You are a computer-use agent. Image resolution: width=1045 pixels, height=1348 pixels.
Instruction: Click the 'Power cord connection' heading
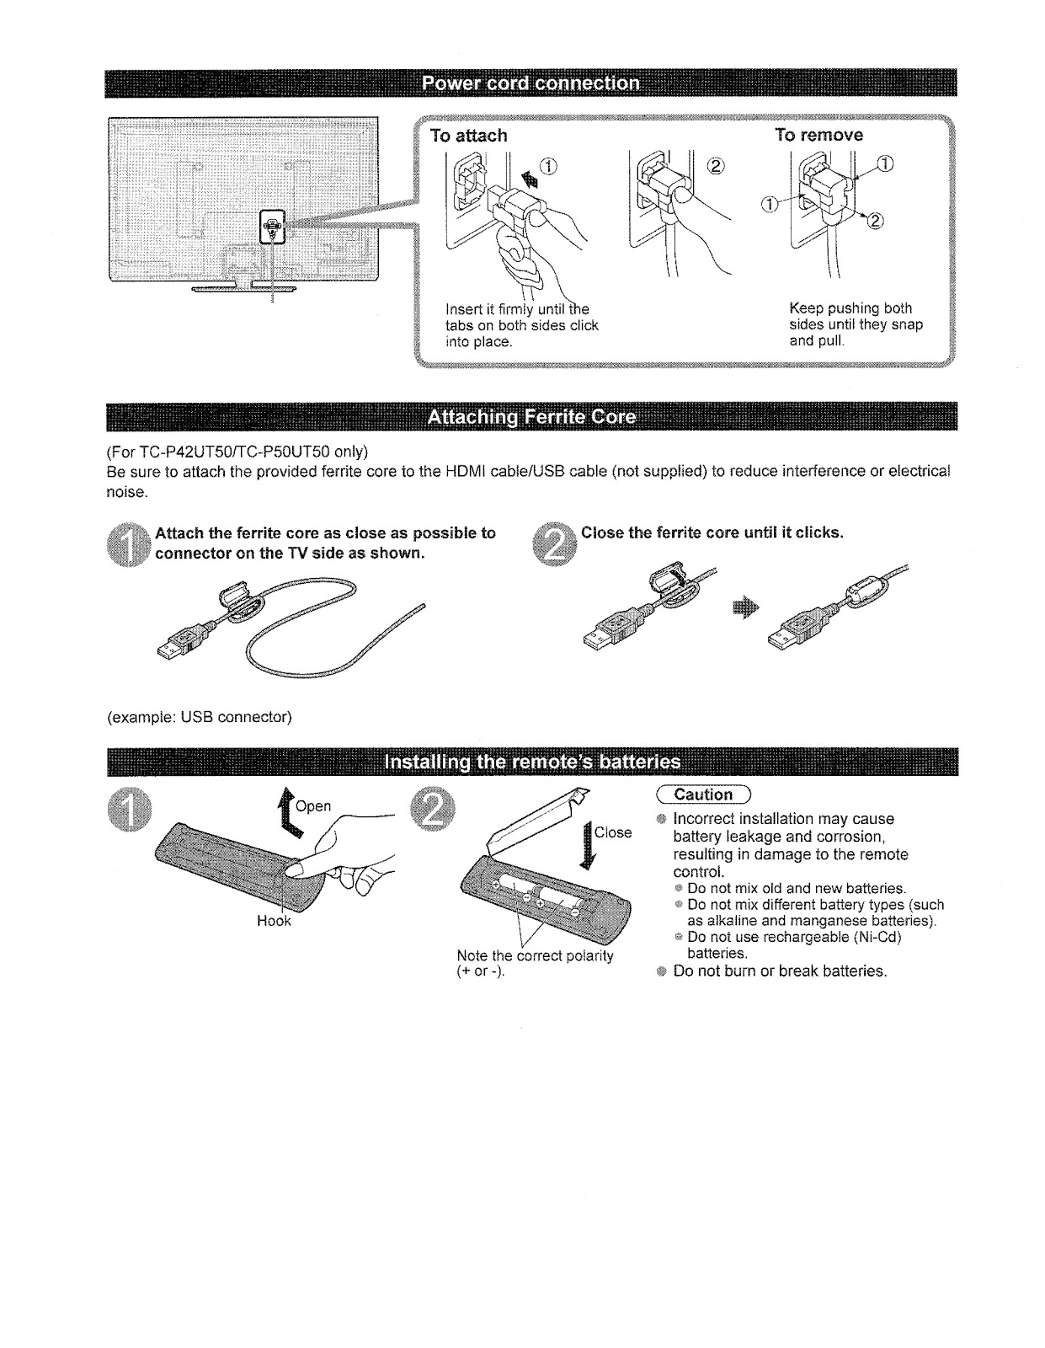530,83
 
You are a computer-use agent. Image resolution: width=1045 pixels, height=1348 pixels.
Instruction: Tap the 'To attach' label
468,135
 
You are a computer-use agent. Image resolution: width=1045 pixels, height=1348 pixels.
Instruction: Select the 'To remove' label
818,135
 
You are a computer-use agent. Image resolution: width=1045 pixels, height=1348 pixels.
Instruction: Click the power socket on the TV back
272,226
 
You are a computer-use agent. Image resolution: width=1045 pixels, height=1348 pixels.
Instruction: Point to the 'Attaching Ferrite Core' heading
530,418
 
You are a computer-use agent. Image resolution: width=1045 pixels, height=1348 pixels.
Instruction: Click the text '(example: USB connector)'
199,718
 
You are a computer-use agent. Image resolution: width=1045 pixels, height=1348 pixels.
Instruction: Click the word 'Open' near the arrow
313,806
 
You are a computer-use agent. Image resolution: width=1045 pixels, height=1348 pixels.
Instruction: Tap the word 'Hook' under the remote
274,922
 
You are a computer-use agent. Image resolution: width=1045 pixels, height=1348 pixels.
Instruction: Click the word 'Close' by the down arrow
613,832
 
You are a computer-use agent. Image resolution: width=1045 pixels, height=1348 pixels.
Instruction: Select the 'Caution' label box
703,794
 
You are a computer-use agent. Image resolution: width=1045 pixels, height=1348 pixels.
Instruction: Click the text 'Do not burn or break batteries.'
781,971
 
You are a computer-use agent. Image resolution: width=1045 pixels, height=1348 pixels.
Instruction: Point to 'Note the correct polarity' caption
534,956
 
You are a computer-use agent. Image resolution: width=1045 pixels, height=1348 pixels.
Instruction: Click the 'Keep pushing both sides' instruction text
856,324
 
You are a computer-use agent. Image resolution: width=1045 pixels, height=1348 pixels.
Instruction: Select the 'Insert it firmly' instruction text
521,324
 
